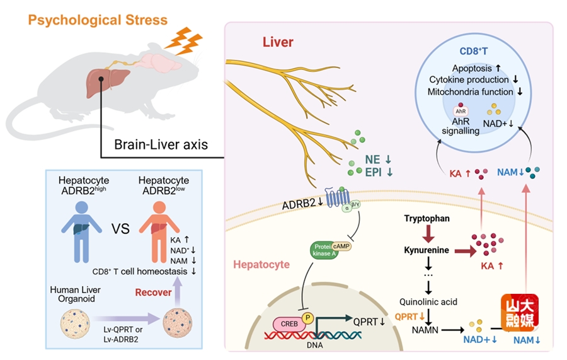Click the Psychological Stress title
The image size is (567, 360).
coord(98,20)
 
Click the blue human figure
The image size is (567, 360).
coord(83,227)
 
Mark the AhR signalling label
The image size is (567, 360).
coord(462,126)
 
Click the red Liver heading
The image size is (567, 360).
coord(278,42)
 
